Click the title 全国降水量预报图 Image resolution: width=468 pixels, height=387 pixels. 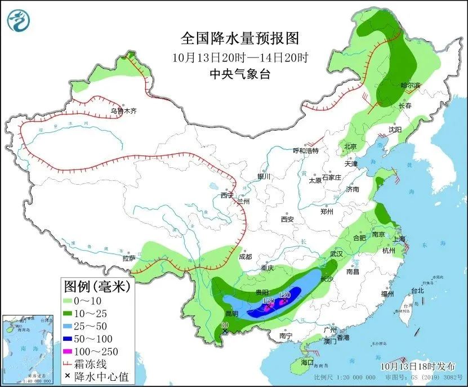click(x=239, y=38)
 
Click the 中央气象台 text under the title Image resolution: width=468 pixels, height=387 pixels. click(x=239, y=74)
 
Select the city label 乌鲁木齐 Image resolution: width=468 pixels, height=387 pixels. click(x=123, y=112)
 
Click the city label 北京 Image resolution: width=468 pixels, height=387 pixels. click(x=350, y=146)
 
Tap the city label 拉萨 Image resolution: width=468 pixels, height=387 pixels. click(x=128, y=259)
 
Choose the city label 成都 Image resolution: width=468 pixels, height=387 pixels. click(x=246, y=257)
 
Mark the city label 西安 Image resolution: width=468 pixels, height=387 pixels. click(x=288, y=219)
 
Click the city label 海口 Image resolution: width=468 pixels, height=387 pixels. click(x=307, y=361)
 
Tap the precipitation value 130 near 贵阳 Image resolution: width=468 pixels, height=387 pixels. click(x=268, y=301)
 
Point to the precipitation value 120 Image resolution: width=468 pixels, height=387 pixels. click(x=284, y=295)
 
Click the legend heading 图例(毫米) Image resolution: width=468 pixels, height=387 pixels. click(x=96, y=287)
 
